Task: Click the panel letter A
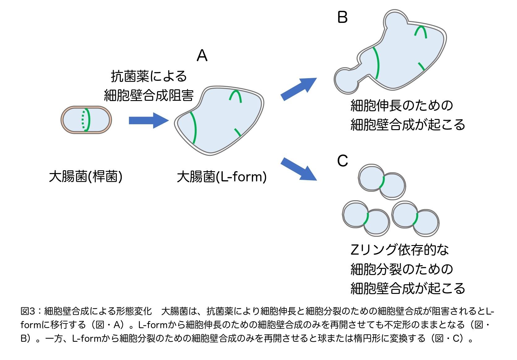pyautogui.click(x=202, y=56)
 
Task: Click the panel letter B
pyautogui.click(x=342, y=17)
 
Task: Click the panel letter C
pyautogui.click(x=342, y=161)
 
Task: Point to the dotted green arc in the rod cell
pyautogui.click(x=82, y=120)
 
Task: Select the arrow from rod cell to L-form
pyautogui.click(x=148, y=120)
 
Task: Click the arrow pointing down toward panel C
pyautogui.click(x=298, y=169)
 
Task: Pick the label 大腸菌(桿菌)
pyautogui.click(x=86, y=177)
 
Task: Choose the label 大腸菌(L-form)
pyautogui.click(x=222, y=177)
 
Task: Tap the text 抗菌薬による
pyautogui.click(x=149, y=76)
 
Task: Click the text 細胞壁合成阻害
pyautogui.click(x=149, y=95)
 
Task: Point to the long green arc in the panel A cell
pyautogui.click(x=194, y=127)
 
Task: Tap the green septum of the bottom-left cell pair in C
pyautogui.click(x=367, y=218)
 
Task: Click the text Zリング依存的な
pyautogui.click(x=400, y=250)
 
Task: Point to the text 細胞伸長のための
pyautogui.click(x=402, y=106)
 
